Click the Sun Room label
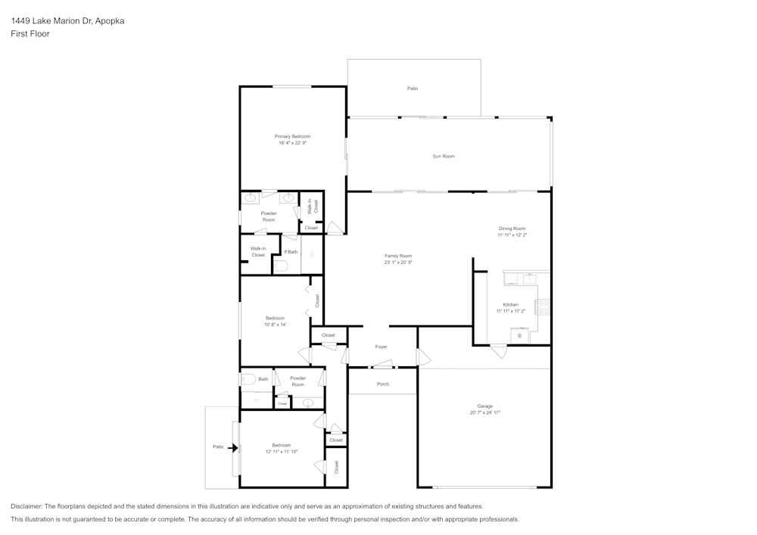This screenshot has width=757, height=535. [444, 156]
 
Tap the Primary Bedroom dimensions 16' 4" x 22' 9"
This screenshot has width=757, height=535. [292, 143]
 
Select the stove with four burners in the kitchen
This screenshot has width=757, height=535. [541, 306]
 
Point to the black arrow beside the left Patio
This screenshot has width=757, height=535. [233, 447]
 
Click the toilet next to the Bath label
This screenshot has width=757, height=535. [248, 380]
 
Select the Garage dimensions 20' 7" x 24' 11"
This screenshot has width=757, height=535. [484, 412]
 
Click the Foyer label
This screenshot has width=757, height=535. [382, 347]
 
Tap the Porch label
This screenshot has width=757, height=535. [383, 384]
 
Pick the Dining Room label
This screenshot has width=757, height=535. [512, 228]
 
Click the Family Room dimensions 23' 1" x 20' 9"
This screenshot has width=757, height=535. [398, 263]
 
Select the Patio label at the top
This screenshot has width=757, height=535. [413, 89]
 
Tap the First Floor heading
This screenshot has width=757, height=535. [30, 34]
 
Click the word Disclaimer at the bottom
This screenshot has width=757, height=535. [27, 506]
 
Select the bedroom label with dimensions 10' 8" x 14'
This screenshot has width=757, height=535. [275, 318]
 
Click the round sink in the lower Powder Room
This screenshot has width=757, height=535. [308, 403]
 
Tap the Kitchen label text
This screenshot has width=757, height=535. [511, 304]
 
